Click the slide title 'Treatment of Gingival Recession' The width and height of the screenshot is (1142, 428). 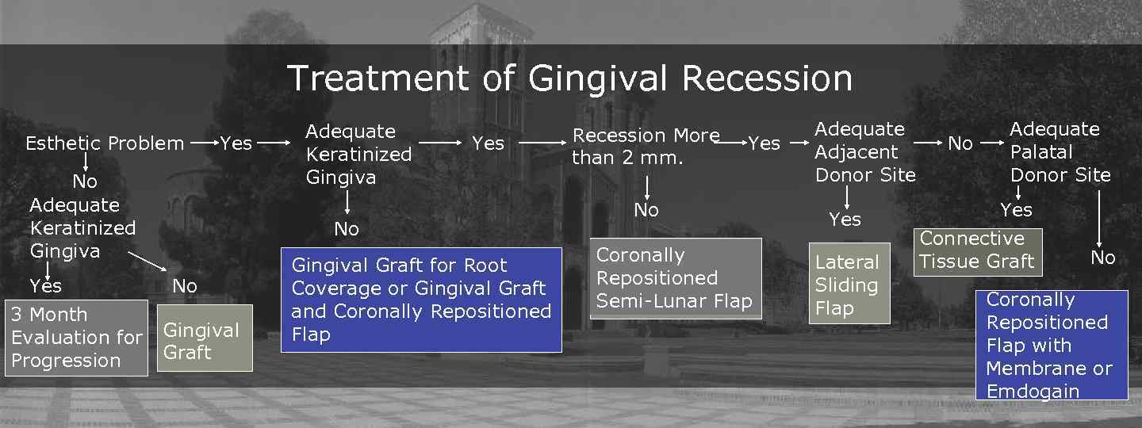[569, 78]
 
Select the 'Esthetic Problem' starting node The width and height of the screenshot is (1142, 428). [105, 143]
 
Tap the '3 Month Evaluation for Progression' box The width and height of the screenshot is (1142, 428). [76, 338]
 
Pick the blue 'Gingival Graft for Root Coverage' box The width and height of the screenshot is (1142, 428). [421, 300]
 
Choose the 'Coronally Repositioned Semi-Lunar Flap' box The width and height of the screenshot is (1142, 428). [675, 278]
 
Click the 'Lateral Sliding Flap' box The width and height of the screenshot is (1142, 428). [848, 285]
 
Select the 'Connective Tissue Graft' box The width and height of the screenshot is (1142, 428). [977, 250]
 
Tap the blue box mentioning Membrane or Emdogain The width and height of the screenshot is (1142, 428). [1051, 345]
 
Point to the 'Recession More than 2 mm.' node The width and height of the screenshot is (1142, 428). [646, 147]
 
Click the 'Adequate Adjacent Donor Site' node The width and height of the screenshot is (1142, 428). [865, 152]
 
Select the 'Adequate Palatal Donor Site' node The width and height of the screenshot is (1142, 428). [1060, 152]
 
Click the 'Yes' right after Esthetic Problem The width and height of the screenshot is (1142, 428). [236, 143]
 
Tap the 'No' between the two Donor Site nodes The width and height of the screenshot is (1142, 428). [960, 143]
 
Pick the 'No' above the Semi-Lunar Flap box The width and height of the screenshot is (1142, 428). [646, 210]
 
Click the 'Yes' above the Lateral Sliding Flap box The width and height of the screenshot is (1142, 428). [845, 220]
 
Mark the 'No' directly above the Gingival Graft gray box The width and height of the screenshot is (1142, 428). [185, 286]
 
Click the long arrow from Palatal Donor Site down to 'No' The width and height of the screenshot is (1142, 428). [1099, 218]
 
